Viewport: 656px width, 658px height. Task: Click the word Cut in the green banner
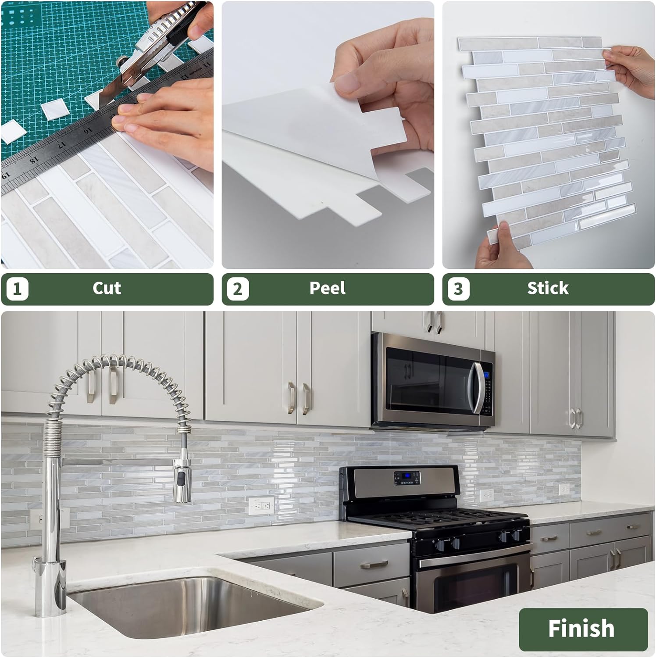[107, 288]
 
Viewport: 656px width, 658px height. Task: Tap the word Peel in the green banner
[328, 288]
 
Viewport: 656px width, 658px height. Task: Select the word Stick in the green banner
[548, 288]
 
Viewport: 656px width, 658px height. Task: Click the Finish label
[581, 628]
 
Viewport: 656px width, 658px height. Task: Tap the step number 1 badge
[18, 289]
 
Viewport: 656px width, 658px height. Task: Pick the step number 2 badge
[238, 289]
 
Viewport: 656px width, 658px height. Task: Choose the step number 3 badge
[458, 289]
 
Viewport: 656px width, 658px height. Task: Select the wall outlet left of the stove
[261, 505]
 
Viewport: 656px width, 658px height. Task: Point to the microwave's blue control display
[486, 376]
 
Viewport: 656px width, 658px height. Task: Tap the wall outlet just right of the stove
[486, 495]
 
